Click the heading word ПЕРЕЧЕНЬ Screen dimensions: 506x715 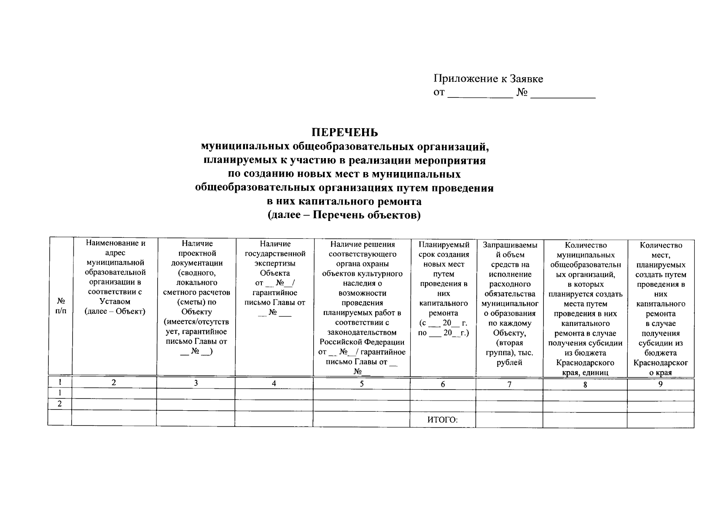(344, 132)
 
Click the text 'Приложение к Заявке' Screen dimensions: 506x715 (488, 79)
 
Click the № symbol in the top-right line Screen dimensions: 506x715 (522, 93)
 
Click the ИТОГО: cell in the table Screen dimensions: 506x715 (442, 420)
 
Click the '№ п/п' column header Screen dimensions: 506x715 (61, 306)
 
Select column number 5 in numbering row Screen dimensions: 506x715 (361, 384)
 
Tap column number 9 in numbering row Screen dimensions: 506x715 (660, 384)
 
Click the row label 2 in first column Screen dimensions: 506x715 (60, 404)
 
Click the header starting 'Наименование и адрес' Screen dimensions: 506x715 (115, 277)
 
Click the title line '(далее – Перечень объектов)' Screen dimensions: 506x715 (344, 215)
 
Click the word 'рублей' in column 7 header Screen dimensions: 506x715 (509, 362)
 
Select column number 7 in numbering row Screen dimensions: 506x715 (509, 384)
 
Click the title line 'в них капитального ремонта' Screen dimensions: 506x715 (344, 202)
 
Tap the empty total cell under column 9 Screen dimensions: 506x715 (660, 420)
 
